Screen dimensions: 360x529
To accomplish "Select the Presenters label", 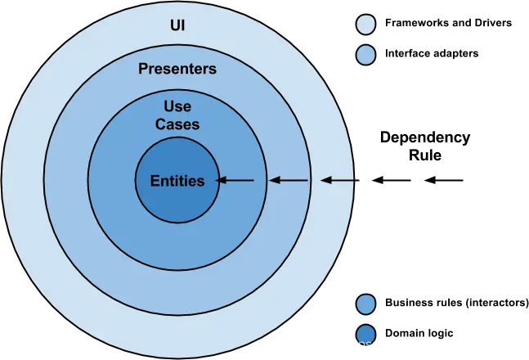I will coord(177,69).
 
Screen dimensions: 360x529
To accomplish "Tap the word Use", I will coord(177,107).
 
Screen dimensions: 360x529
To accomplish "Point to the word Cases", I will coord(177,125).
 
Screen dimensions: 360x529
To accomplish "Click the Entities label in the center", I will coord(177,182).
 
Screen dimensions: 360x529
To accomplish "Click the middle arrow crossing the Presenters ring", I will coord(289,180).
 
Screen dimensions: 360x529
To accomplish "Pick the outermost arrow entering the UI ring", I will coord(337,180).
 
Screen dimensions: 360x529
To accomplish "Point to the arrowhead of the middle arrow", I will coord(274,180).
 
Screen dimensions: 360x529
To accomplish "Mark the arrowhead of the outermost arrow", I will coord(325,180).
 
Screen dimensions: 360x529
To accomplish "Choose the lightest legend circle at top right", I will coord(366,25).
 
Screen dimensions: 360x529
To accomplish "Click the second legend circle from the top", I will coord(366,56).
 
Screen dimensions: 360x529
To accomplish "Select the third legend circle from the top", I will coord(366,304).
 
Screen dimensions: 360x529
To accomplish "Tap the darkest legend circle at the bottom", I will coord(366,335).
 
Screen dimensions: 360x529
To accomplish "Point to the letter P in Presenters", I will coord(142,69).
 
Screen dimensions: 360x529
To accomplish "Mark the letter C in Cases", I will coord(160,125).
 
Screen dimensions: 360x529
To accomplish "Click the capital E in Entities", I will coord(155,182).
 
